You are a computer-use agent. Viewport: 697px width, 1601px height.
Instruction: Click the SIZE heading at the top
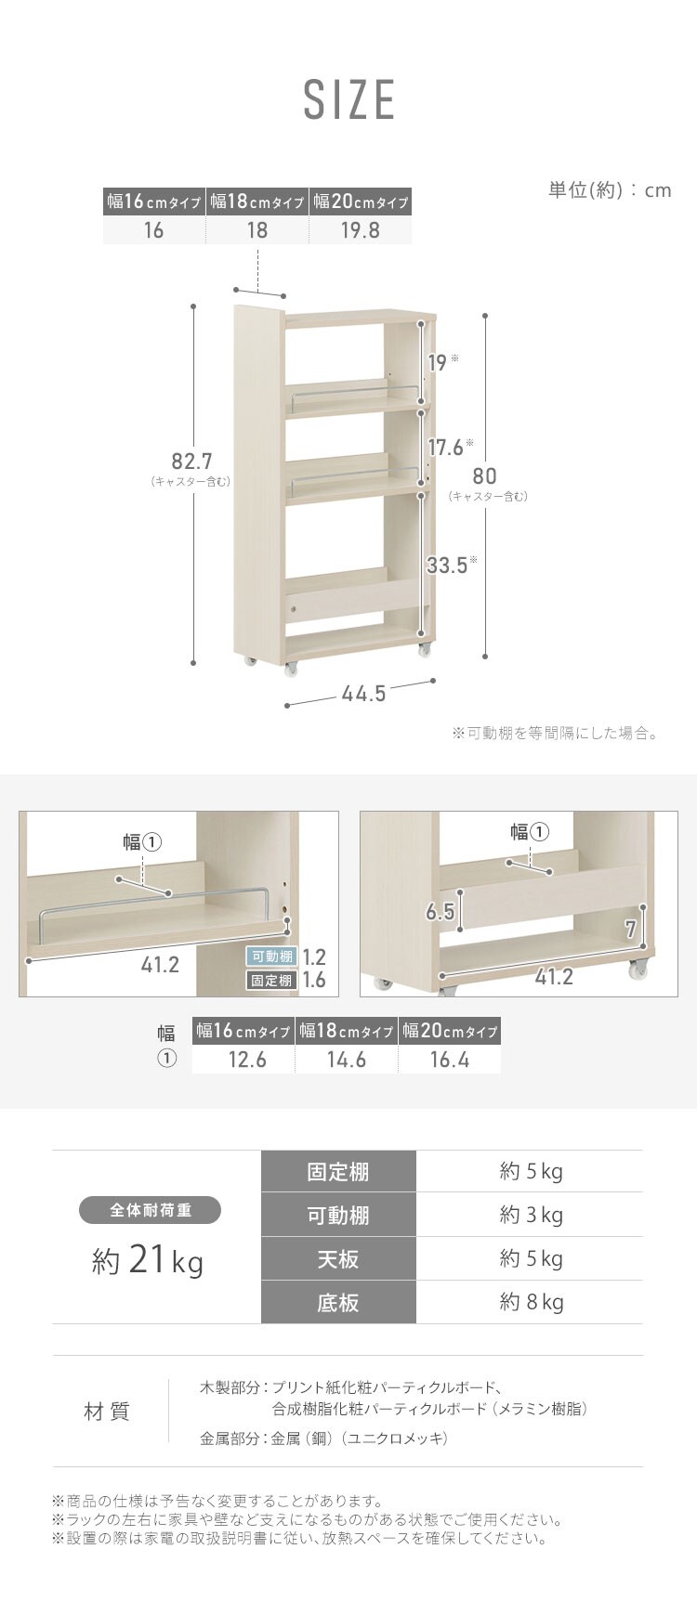pos(349,100)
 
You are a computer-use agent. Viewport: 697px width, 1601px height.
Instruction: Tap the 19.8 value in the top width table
pos(360,229)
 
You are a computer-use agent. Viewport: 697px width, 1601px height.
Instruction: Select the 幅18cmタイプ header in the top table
pos(257,202)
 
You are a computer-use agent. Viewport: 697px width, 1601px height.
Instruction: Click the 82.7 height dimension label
pos(192,461)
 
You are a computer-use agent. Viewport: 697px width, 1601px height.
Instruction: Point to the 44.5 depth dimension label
pos(363,694)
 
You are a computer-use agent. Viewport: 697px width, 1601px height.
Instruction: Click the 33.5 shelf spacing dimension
pos(447,565)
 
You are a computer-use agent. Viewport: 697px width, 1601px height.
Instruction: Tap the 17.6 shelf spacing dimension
pos(445,448)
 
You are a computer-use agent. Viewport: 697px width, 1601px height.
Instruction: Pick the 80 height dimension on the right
pos(484,475)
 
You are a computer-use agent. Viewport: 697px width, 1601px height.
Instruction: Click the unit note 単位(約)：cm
pos(609,190)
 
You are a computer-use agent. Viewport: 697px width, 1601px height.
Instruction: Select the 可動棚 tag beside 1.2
pos(271,957)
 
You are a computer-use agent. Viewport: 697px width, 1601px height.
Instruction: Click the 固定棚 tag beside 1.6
pos(271,980)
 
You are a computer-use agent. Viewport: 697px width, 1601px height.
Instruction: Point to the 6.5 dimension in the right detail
pos(440,912)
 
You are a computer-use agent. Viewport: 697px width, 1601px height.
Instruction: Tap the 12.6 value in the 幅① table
pos(247,1060)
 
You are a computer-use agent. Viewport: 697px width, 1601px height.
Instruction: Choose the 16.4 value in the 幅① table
pos(450,1060)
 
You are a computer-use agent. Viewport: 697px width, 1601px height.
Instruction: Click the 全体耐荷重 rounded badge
pos(151,1210)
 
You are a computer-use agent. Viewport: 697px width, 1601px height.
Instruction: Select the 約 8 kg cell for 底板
pos(531,1302)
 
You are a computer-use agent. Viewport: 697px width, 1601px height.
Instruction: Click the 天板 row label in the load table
pos(338,1259)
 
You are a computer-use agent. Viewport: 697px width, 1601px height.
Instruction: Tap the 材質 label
pos(107,1412)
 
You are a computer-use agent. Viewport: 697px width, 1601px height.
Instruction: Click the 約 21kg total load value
pos(148,1261)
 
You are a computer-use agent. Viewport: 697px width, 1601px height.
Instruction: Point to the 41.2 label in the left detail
pos(160,965)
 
